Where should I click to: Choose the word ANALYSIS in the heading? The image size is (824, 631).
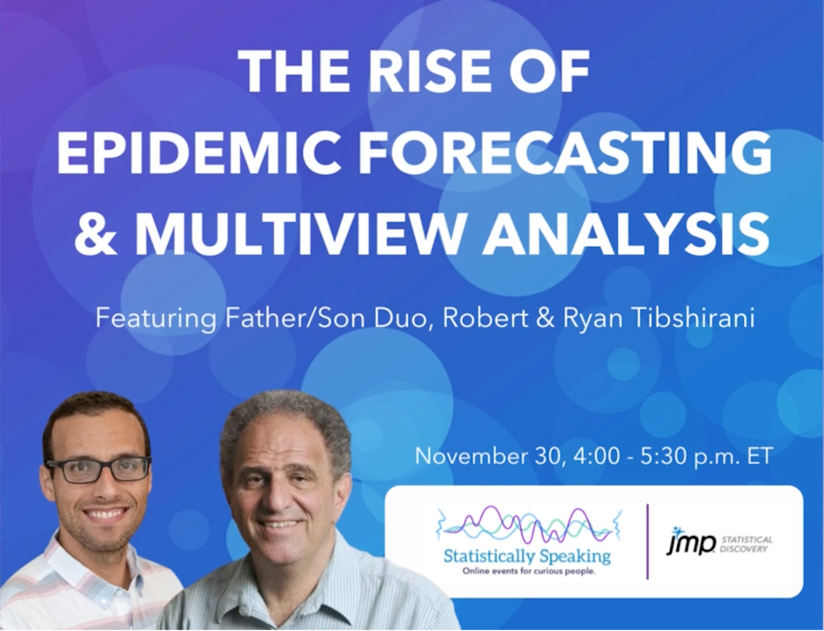point(627,234)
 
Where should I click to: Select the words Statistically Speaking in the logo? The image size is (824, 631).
point(527,556)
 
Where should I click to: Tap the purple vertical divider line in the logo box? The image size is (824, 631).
point(647,541)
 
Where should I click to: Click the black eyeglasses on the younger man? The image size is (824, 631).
point(99,470)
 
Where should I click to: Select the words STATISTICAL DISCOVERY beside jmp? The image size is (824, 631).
point(747,545)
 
